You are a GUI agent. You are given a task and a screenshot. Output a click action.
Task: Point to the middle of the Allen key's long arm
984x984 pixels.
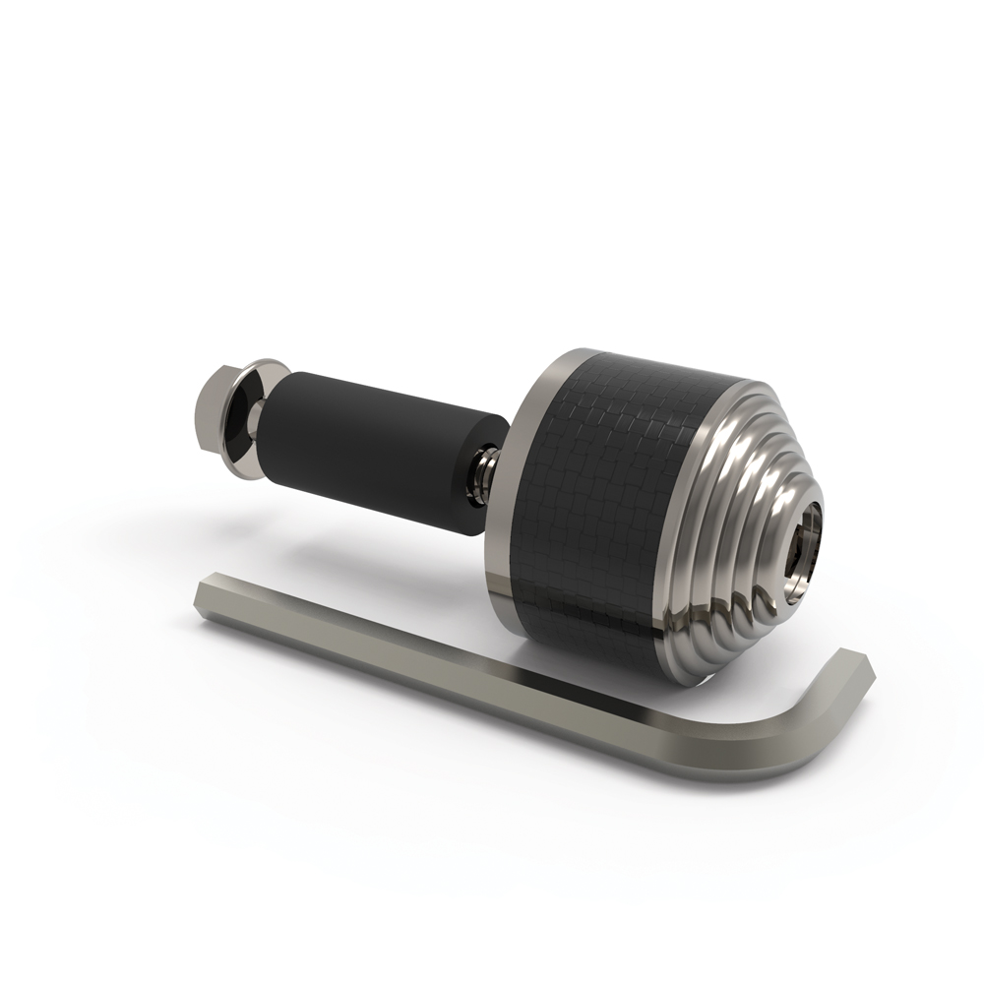pyautogui.click(x=492, y=669)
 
